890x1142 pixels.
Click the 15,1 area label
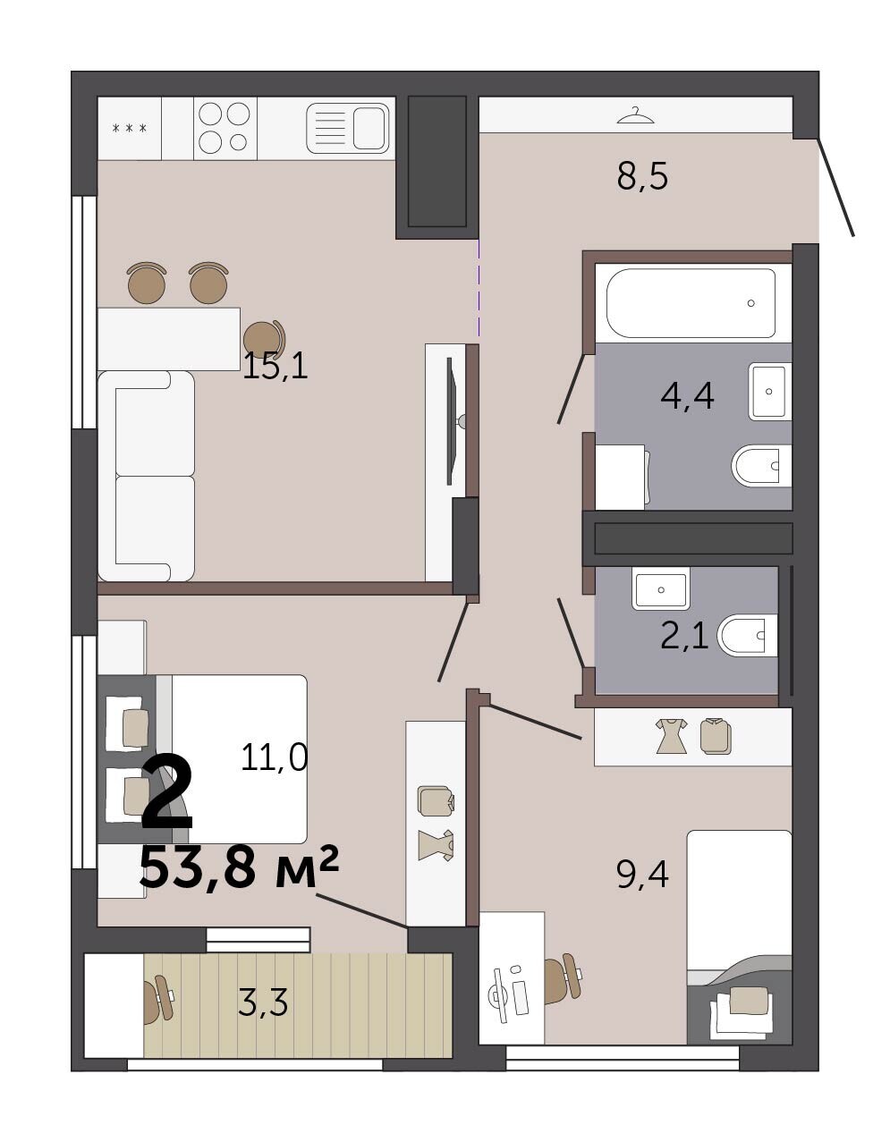pos(275,367)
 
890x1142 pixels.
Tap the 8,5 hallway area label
pos(642,177)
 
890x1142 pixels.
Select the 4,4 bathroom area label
pos(687,396)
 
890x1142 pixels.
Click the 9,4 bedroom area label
pos(642,876)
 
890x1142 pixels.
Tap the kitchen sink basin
pos(369,128)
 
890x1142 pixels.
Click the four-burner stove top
pos(225,128)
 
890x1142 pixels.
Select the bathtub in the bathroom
pos(691,303)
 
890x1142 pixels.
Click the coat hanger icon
pos(636,115)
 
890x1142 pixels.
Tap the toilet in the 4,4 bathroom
pos(761,466)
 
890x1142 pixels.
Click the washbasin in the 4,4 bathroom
pos(769,391)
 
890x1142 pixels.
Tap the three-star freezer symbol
pos(130,128)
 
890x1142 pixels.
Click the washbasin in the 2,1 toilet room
pos(661,589)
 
